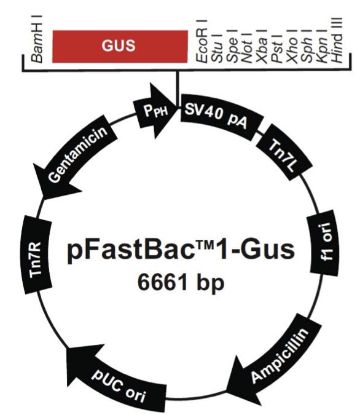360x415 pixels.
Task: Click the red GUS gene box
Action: (x=120, y=45)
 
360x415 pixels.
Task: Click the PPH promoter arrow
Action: (x=155, y=113)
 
